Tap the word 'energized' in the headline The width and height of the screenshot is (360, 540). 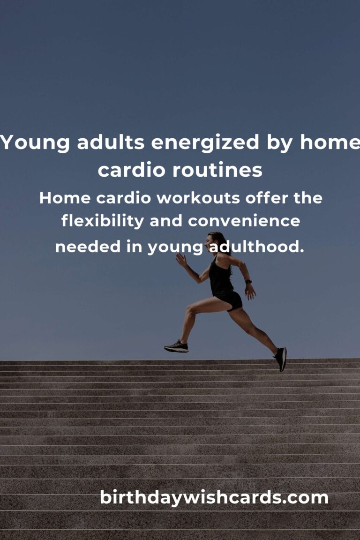pyautogui.click(x=205, y=142)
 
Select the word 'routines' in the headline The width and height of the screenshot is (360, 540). pyautogui.click(x=217, y=170)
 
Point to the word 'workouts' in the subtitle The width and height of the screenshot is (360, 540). pyautogui.click(x=198, y=198)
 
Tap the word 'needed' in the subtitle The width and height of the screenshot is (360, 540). pyautogui.click(x=88, y=247)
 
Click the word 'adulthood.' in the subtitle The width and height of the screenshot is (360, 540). pyautogui.click(x=257, y=247)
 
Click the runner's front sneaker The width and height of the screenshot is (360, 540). pyautogui.click(x=176, y=347)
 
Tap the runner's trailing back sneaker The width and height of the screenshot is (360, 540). pyautogui.click(x=281, y=359)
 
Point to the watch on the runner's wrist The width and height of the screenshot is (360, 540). pyautogui.click(x=248, y=282)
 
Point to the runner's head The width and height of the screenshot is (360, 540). pyautogui.click(x=215, y=240)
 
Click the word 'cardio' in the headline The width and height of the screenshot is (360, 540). pyautogui.click(x=132, y=170)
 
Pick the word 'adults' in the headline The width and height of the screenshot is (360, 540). pyautogui.click(x=110, y=142)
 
